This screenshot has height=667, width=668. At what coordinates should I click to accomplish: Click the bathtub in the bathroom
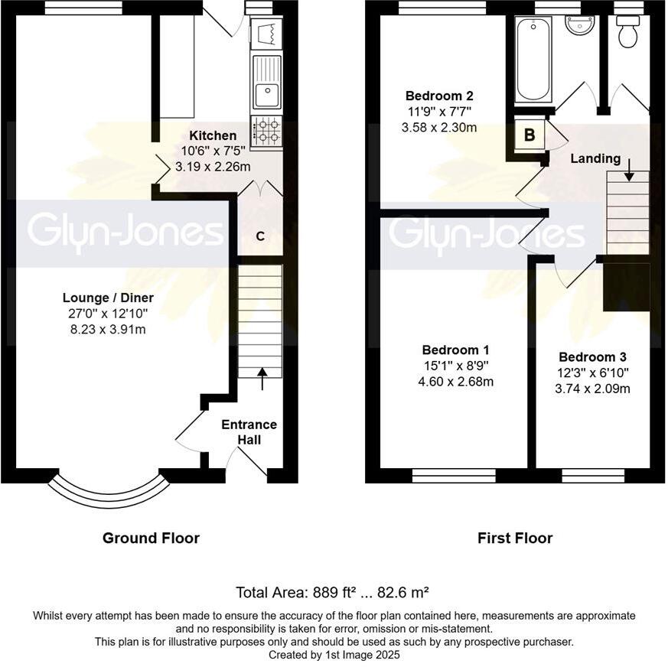(533, 59)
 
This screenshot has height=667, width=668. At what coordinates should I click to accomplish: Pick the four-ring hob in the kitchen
(266, 131)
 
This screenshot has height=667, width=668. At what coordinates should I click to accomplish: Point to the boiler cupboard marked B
(529, 136)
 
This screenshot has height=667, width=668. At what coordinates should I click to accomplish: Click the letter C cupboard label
(260, 236)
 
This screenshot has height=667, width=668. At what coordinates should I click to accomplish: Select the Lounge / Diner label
(108, 298)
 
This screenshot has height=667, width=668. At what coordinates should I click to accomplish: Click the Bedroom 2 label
(439, 96)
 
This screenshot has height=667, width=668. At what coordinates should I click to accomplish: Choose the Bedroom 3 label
(592, 357)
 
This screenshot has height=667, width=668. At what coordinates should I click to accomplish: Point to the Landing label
(595, 159)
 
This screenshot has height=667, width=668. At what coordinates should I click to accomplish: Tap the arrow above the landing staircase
(629, 170)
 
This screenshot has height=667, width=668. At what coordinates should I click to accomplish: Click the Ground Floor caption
(151, 538)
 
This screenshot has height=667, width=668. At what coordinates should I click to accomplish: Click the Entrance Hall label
(249, 432)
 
